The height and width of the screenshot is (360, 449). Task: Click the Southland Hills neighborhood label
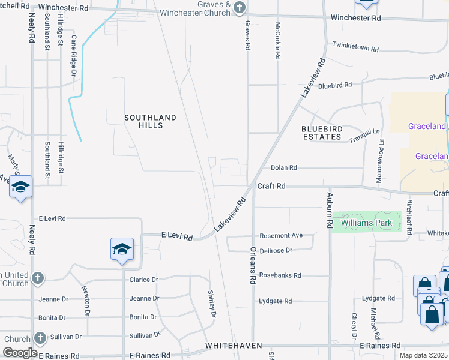point(151,121)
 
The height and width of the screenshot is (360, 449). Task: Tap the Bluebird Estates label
point(321,133)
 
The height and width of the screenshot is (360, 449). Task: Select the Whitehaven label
point(231,346)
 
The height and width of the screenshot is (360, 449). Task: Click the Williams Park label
point(366,223)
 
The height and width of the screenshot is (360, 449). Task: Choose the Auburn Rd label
point(330,210)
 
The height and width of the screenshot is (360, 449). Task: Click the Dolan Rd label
point(284,168)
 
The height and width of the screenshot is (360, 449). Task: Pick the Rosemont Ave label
point(281,236)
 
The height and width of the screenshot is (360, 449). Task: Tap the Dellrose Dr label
point(276,250)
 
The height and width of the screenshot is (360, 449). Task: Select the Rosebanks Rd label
point(280,275)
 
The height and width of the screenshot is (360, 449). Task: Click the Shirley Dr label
point(212,305)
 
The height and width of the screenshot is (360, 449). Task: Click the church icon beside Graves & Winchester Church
point(239,8)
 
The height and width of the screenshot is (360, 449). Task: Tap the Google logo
point(20,353)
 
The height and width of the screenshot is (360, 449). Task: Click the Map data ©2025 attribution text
point(423,355)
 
